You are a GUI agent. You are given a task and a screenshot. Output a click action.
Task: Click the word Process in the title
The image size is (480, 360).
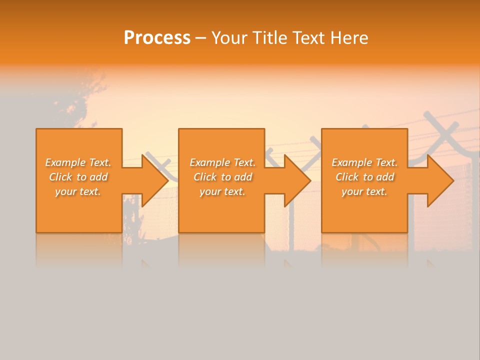(157, 38)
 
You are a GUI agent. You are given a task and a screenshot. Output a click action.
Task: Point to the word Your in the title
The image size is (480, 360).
(229, 38)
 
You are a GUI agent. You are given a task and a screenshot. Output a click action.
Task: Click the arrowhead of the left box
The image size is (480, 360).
(154, 180)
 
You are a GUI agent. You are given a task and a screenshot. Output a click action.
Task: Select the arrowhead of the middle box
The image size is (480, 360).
(297, 180)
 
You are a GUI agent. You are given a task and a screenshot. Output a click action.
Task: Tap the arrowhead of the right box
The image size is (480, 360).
(440, 180)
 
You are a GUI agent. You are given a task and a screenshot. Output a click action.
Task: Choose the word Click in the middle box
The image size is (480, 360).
(205, 177)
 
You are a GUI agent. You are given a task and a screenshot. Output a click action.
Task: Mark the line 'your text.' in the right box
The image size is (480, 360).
(364, 191)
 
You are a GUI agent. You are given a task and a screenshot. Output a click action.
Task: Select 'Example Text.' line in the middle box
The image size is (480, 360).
(222, 162)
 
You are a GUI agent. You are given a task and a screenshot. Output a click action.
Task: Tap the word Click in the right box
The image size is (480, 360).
(347, 177)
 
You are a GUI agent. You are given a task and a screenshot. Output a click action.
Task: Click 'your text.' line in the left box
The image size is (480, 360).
(78, 191)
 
